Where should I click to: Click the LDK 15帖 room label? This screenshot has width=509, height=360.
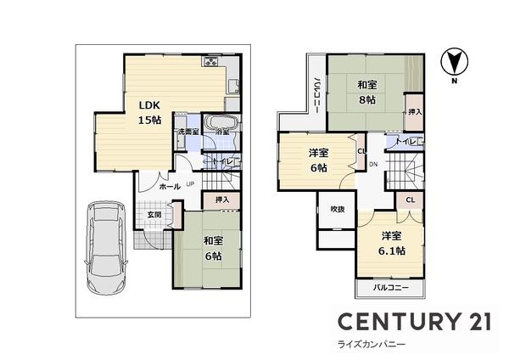(150, 112)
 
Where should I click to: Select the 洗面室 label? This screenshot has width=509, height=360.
(187, 132)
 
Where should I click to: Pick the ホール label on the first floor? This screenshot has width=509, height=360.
(169, 185)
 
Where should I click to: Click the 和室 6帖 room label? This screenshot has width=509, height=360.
(212, 247)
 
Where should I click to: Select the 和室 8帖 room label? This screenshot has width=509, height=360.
(367, 92)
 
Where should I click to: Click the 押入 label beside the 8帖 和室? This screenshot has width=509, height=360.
(414, 111)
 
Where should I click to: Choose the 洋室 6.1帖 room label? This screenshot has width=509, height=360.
(391, 243)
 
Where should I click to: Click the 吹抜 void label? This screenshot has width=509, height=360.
(336, 209)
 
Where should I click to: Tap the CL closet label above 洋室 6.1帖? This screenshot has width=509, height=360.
(409, 200)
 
